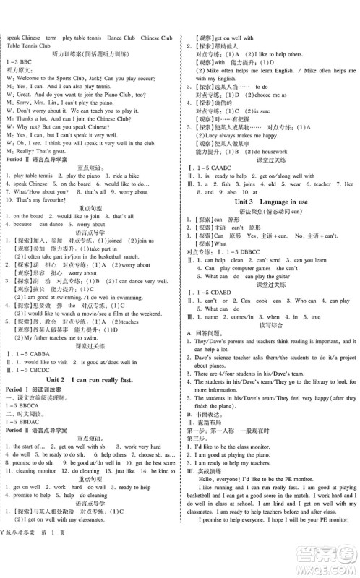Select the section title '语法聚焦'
point(246,212)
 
